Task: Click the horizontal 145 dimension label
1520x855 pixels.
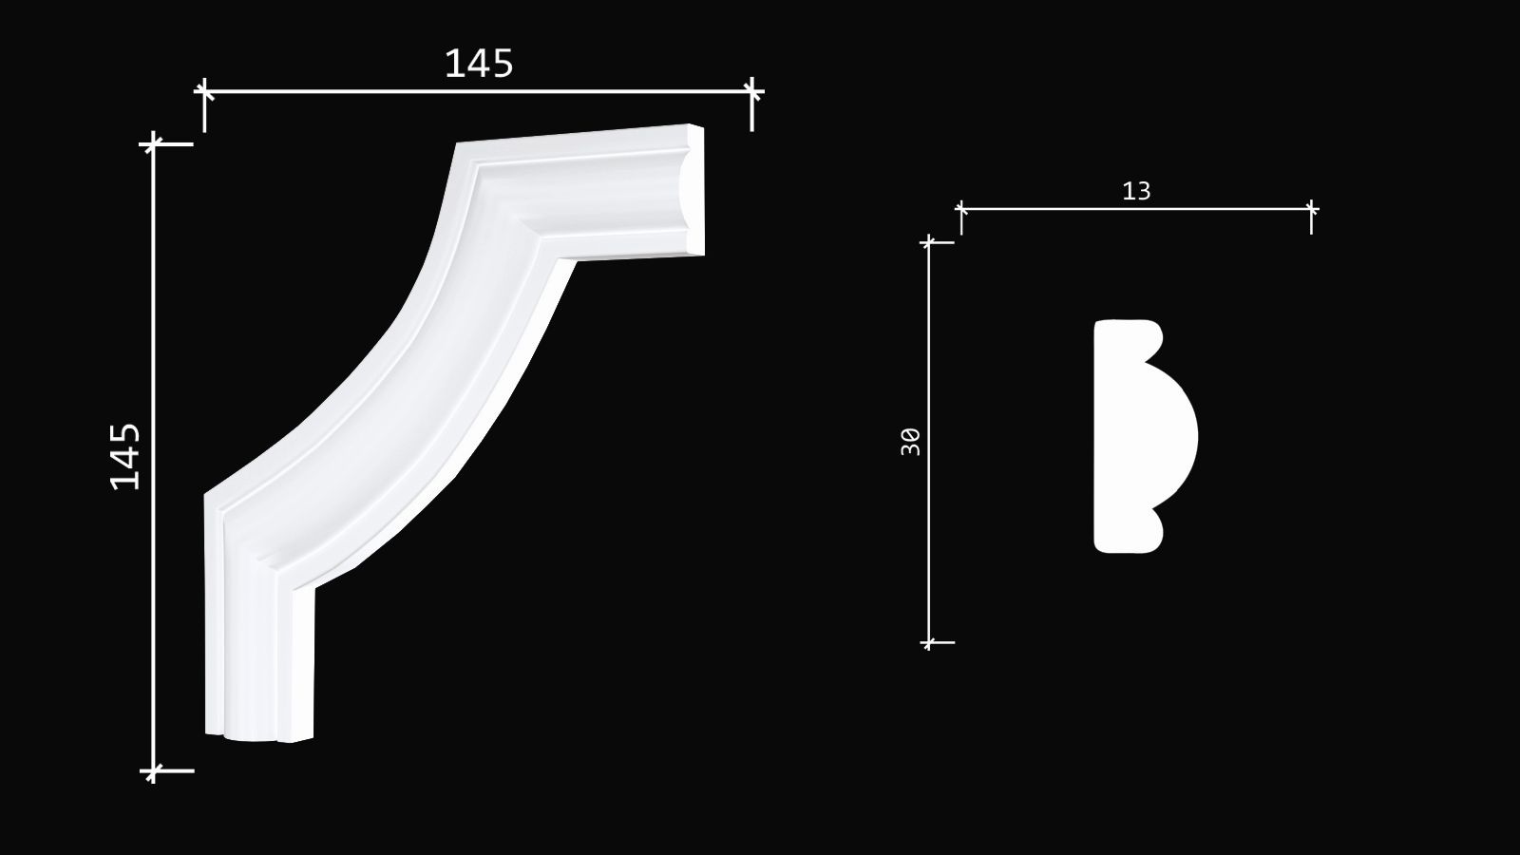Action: click(479, 64)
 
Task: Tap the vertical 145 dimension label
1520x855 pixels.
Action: click(125, 456)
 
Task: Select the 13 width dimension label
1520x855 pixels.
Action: click(1136, 191)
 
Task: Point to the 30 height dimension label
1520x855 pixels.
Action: click(911, 442)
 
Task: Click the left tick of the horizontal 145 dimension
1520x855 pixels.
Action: click(203, 91)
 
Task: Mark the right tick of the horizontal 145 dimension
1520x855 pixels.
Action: click(751, 91)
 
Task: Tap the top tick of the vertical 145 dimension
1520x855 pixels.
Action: click(153, 143)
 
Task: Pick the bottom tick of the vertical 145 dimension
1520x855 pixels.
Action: click(153, 770)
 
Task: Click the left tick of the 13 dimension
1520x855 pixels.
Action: click(960, 208)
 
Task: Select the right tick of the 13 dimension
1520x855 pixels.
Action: click(1311, 208)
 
